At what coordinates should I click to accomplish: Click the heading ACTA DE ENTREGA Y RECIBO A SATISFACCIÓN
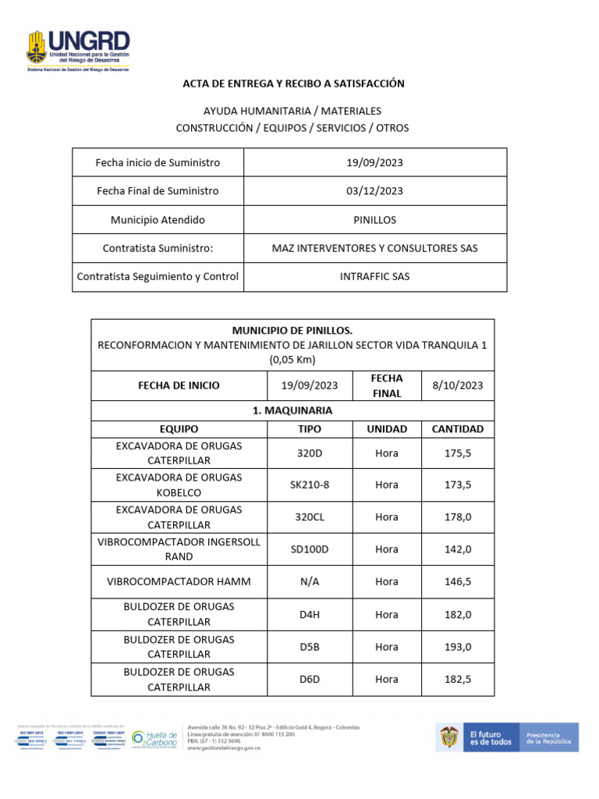[x=293, y=83]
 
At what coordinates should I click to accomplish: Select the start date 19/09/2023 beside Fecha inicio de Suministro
[x=374, y=162]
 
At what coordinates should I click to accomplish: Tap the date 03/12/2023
[x=374, y=191]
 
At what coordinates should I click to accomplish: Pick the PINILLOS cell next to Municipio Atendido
[x=374, y=220]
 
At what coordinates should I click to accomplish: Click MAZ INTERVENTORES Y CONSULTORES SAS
[x=374, y=248]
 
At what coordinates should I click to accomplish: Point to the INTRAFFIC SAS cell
[x=374, y=276]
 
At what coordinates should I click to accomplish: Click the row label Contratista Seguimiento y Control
[x=158, y=276]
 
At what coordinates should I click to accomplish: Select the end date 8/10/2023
[x=458, y=385]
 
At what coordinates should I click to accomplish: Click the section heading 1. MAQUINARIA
[x=292, y=410]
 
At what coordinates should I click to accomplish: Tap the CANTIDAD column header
[x=458, y=429]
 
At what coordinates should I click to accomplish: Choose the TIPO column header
[x=310, y=429]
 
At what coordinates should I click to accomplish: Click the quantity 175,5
[x=458, y=453]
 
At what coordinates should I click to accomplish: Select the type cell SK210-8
[x=310, y=485]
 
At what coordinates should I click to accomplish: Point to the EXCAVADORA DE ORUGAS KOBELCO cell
[x=179, y=485]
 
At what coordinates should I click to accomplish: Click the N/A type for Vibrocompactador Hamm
[x=310, y=581]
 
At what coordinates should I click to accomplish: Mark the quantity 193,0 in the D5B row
[x=458, y=647]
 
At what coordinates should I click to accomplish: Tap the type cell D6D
[x=310, y=679]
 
